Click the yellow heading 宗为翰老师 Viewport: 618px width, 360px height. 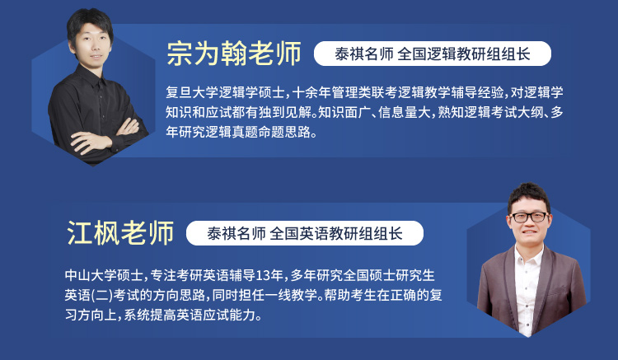(x=234, y=54)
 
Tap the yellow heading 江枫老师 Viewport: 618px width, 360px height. (x=120, y=233)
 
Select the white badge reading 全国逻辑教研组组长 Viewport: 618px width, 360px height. (x=433, y=54)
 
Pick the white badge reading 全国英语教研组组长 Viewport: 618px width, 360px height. (x=305, y=233)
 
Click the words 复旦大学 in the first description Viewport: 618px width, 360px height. (x=192, y=92)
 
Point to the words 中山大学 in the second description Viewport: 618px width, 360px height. (x=91, y=275)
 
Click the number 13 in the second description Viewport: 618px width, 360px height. (x=263, y=275)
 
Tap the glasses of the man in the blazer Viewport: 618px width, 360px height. (x=529, y=217)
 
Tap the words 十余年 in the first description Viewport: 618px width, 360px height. (x=311, y=92)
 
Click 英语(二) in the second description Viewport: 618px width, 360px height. (x=89, y=295)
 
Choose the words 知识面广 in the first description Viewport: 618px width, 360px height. (x=344, y=112)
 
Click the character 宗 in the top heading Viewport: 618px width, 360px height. (x=180, y=54)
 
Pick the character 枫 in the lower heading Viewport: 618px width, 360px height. (x=106, y=233)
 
